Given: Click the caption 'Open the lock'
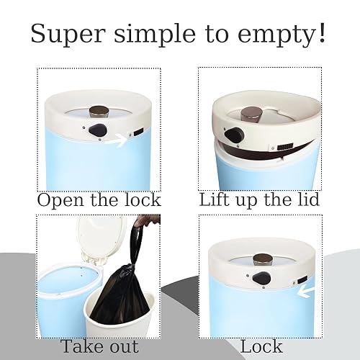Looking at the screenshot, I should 99,199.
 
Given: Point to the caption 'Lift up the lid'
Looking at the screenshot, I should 261,199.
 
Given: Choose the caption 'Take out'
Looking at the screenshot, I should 99,346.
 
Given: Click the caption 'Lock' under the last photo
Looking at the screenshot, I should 261,346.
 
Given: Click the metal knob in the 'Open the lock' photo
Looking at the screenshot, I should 98,111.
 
